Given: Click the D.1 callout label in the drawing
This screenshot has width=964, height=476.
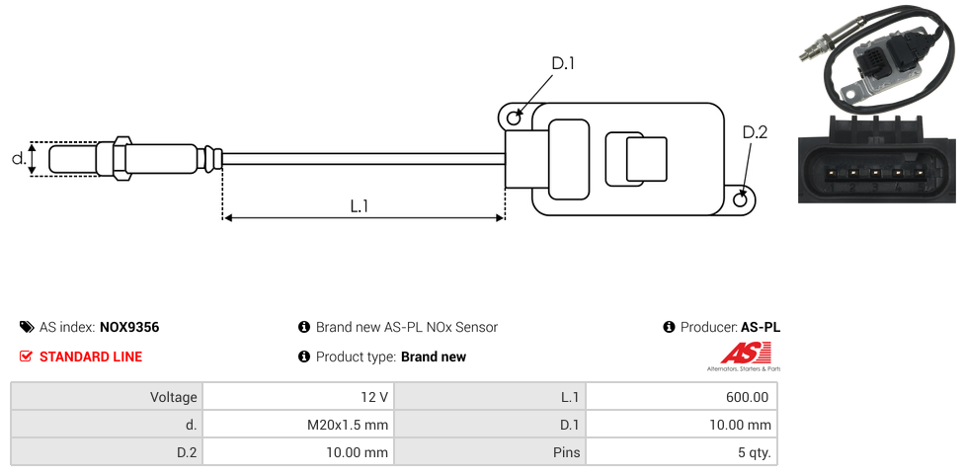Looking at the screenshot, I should (x=562, y=63).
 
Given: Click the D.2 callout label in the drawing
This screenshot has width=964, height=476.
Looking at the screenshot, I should (x=754, y=133).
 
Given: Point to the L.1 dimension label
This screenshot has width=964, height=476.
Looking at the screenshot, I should (x=360, y=205).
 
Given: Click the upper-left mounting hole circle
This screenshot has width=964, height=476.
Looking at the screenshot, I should (x=514, y=119).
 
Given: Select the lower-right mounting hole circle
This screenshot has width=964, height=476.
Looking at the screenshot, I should (x=741, y=200).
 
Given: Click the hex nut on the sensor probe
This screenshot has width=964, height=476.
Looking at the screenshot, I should (x=122, y=158).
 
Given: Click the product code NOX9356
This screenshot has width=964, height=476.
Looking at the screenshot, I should (x=129, y=327).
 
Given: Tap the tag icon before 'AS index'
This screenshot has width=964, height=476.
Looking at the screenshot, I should (x=27, y=327).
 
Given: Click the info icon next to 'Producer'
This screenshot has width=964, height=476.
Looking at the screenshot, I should (x=669, y=327).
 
